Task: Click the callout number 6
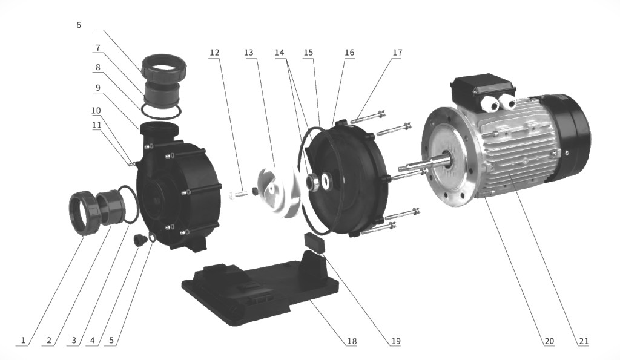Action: click(79, 25)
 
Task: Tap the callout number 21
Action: click(584, 341)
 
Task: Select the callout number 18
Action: click(352, 341)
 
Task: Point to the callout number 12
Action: click(214, 53)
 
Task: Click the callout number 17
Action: click(397, 53)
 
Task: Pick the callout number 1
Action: click(24, 340)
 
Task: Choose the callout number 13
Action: click(249, 53)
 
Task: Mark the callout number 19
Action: click(396, 341)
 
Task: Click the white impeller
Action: click(278, 191)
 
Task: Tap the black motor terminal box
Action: click(484, 85)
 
